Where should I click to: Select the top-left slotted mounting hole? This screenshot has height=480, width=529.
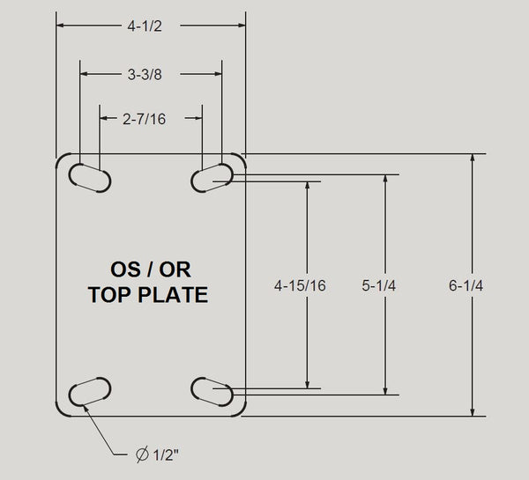click(x=88, y=177)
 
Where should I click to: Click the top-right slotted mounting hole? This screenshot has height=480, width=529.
click(x=212, y=177)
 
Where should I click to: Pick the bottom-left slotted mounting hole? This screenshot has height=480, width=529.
click(x=88, y=391)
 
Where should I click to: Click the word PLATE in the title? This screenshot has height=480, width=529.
click(x=170, y=294)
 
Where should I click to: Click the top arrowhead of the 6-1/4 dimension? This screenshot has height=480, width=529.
click(x=473, y=159)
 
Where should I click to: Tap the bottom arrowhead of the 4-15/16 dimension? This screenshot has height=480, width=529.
click(x=308, y=382)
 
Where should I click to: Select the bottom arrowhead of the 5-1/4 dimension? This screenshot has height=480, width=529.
click(x=385, y=389)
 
